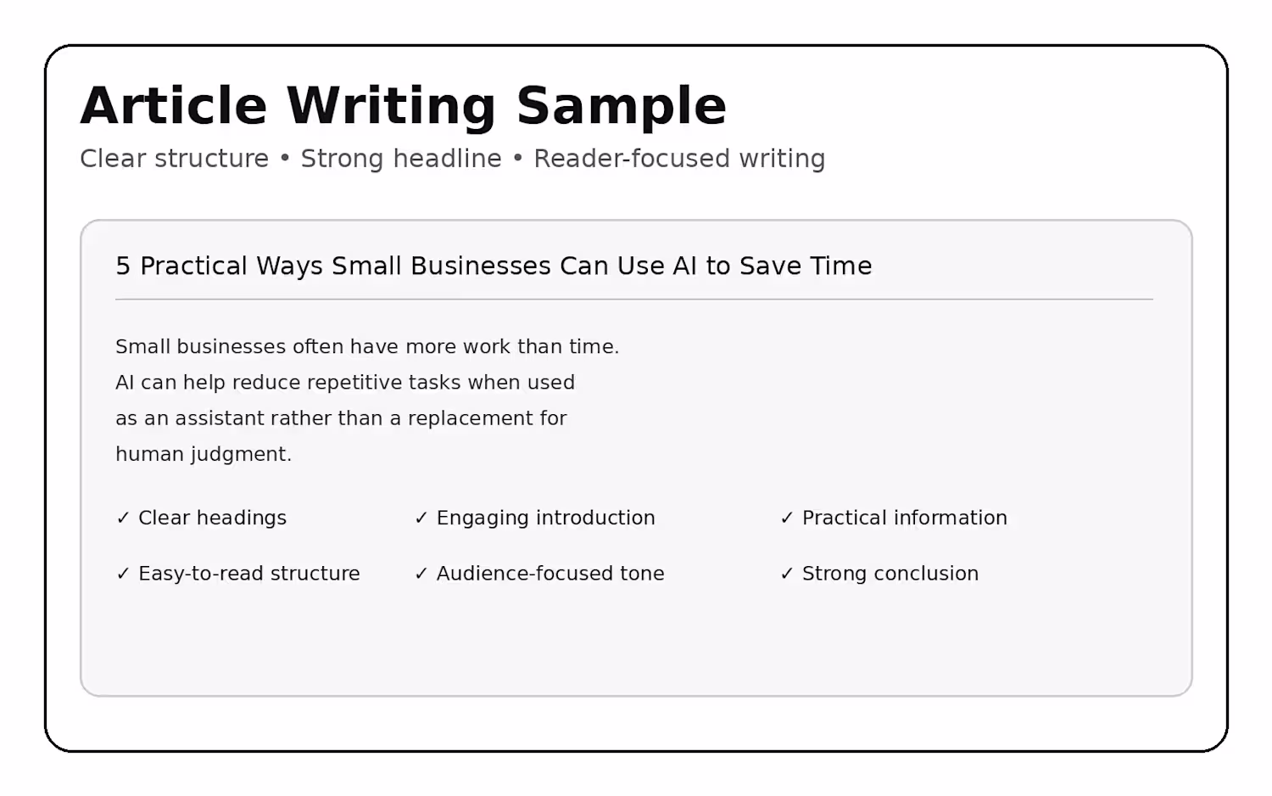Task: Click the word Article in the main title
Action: pyautogui.click(x=174, y=106)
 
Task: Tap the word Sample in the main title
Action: pyautogui.click(x=622, y=108)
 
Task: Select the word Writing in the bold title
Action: pyautogui.click(x=391, y=108)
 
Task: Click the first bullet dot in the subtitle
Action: pyautogui.click(x=285, y=159)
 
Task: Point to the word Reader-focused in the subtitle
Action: pyautogui.click(x=632, y=159)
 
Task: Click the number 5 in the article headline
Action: pyautogui.click(x=123, y=266)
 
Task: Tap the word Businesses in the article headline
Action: pyautogui.click(x=481, y=266)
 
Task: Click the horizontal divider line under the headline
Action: pyautogui.click(x=634, y=299)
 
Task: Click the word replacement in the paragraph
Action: pyautogui.click(x=470, y=419)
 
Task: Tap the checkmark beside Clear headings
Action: pyautogui.click(x=123, y=518)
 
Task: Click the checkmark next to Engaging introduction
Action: pyautogui.click(x=421, y=518)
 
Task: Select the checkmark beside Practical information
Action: pyautogui.click(x=786, y=518)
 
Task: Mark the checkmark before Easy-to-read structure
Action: pyautogui.click(x=123, y=574)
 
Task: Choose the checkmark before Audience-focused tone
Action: pyautogui.click(x=421, y=574)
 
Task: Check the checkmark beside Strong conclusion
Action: pyautogui.click(x=786, y=574)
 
